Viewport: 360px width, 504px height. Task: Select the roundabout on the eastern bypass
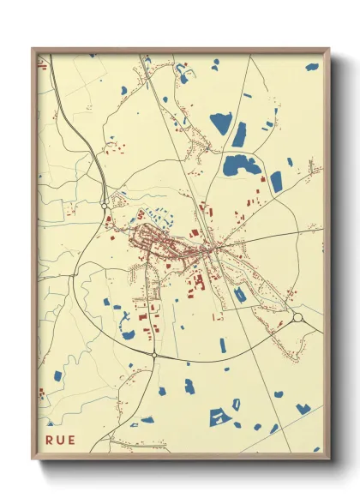pos(297,318)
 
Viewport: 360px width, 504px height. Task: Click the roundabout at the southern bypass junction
pos(154,354)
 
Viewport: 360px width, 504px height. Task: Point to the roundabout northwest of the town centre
pos(104,206)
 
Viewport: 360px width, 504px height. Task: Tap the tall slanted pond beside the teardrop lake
pos(239,135)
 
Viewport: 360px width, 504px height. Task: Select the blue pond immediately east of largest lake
pos(276,181)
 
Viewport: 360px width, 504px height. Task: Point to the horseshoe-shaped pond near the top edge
pos(182,74)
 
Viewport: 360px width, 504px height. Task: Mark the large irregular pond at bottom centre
pos(220,417)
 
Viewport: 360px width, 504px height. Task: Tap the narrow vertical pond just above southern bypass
pos(223,345)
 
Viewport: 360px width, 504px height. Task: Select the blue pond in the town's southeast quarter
pos(240,294)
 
